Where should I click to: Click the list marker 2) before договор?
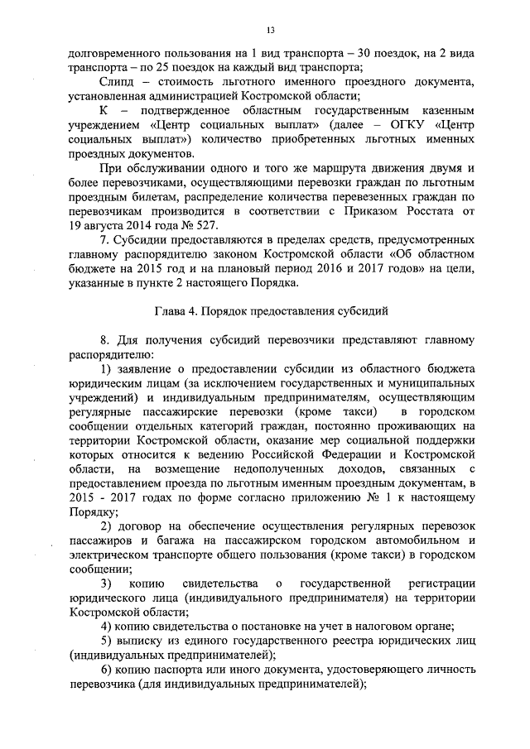point(105,526)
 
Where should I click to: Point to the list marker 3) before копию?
point(105,588)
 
